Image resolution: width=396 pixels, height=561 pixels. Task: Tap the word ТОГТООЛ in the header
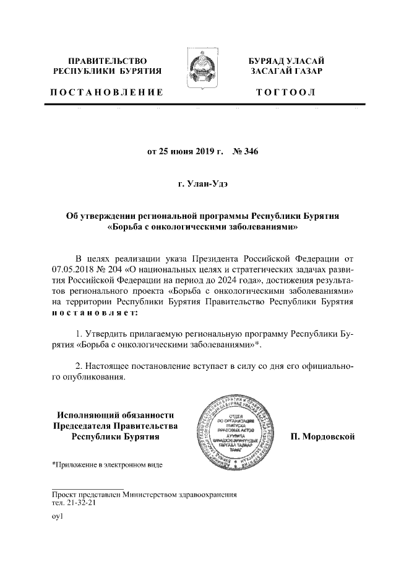(x=286, y=92)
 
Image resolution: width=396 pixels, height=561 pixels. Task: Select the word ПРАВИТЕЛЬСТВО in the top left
(x=107, y=61)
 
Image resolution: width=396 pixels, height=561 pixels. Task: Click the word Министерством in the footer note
(x=160, y=494)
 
